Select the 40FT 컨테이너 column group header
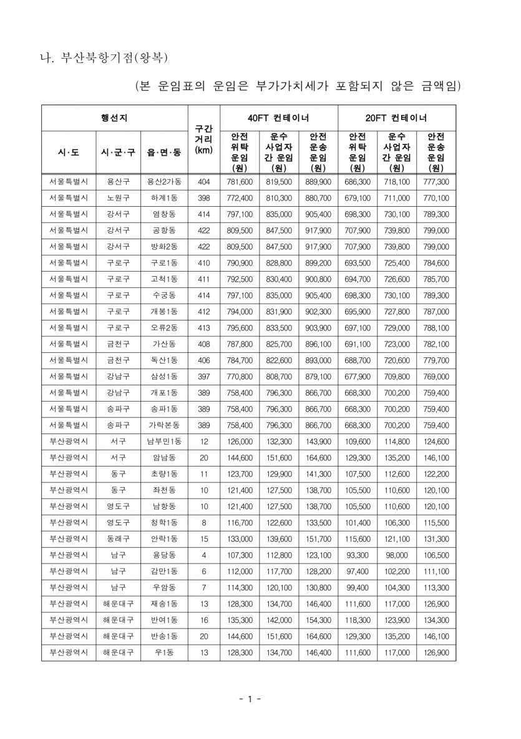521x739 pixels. tap(278, 117)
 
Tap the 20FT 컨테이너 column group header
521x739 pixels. tap(396, 117)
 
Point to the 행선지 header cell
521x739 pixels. tap(115, 117)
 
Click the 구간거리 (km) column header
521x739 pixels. tap(203, 139)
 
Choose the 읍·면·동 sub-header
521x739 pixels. tap(164, 152)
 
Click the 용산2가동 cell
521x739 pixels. tap(164, 182)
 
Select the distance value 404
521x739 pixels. tap(203, 182)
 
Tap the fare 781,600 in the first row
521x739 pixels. tap(239, 182)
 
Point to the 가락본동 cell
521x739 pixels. tap(164, 425)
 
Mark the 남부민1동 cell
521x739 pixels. tap(164, 442)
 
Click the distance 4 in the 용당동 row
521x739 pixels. tap(203, 555)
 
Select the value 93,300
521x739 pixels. tap(358, 555)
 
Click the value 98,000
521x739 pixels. tap(396, 555)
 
